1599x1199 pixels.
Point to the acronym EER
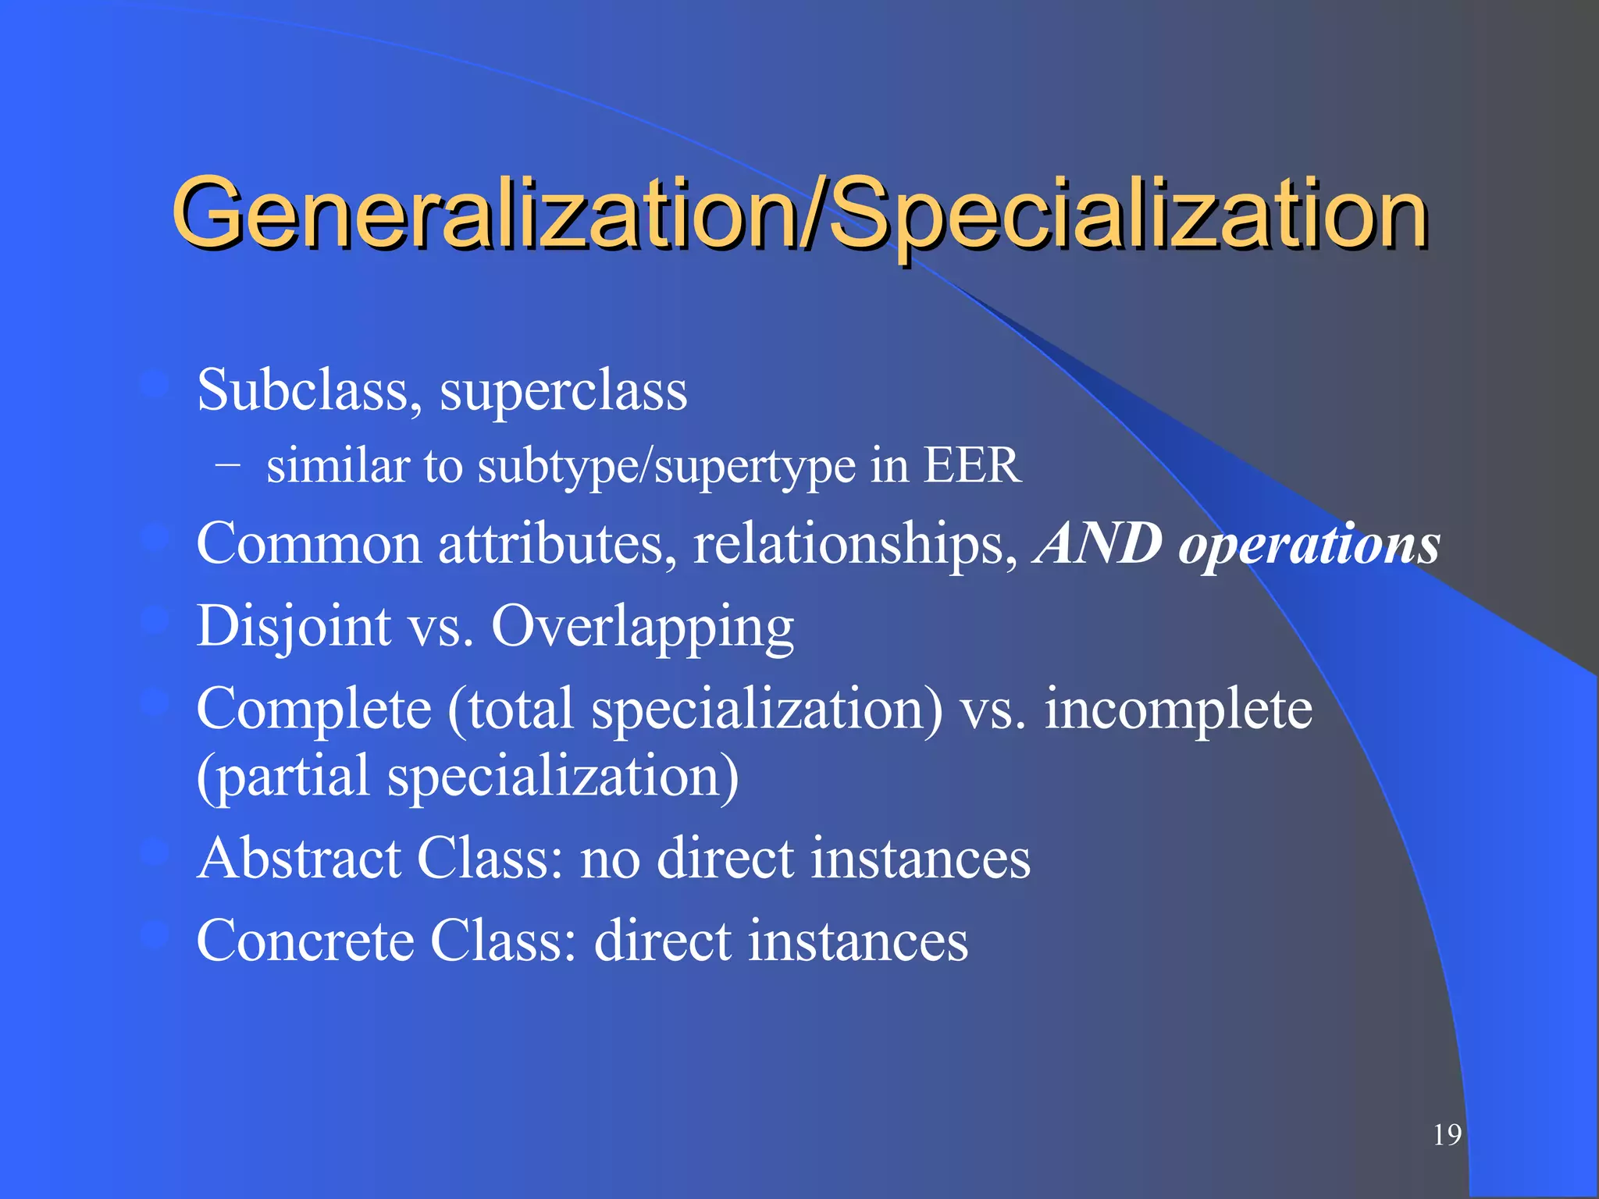click(972, 465)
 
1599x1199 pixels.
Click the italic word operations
click(1309, 545)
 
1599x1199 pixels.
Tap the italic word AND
click(1098, 543)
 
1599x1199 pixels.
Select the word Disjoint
click(294, 627)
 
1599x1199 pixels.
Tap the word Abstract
click(299, 858)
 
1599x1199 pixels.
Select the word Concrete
click(305, 940)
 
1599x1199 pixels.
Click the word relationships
click(856, 545)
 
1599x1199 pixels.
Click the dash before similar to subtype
click(227, 465)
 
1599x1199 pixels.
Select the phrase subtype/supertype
click(656, 467)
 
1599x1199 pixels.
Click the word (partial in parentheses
click(283, 777)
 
